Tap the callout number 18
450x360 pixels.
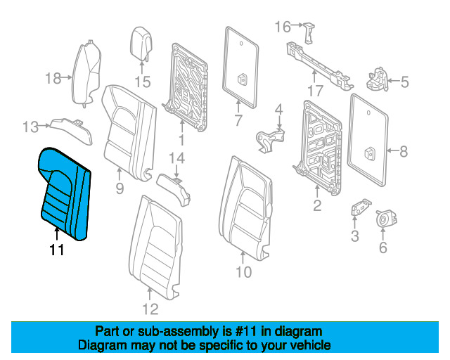point(53,78)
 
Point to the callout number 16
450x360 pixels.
point(282,27)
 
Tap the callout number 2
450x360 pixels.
point(317,205)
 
